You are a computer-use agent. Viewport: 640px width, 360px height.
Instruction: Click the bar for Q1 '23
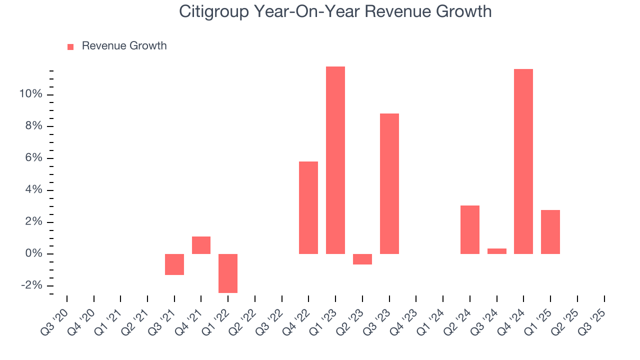point(335,160)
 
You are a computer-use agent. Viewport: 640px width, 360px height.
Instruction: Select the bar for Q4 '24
point(523,161)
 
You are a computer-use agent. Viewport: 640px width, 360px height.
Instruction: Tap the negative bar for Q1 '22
point(228,273)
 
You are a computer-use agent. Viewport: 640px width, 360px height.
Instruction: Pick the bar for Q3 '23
point(389,183)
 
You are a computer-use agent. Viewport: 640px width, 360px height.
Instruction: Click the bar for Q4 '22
point(308,207)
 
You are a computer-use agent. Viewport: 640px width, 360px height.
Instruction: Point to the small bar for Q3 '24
point(496,251)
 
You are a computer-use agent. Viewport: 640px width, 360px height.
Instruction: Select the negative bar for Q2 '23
point(362,259)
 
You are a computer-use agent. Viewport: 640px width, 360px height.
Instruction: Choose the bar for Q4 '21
point(201,245)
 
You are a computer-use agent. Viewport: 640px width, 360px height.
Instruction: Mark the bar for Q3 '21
point(174,264)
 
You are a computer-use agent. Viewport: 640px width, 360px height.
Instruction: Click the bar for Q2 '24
point(469,229)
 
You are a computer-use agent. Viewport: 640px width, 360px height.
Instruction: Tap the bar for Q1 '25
point(550,232)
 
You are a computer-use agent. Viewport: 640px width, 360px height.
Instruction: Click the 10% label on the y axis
point(30,94)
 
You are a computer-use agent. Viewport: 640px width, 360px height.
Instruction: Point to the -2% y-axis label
point(30,285)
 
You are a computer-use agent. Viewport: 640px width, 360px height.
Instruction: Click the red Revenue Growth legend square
point(70,46)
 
